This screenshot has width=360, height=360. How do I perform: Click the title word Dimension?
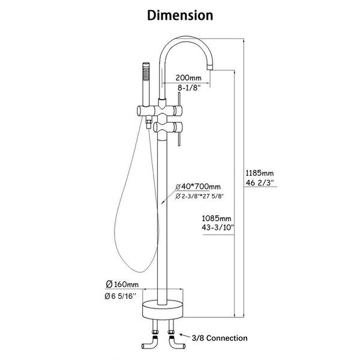coord(180,16)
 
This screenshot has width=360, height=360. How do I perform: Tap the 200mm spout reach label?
coord(188,77)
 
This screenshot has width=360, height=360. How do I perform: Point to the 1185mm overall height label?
coord(259,173)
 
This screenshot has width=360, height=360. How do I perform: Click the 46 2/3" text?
coord(259,183)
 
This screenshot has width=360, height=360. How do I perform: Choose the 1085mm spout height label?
coord(216,218)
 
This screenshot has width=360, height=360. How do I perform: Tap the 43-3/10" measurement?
coord(217,227)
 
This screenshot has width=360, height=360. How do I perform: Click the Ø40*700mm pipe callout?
coord(198,187)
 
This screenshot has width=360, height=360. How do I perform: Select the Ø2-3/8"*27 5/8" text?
coord(199,196)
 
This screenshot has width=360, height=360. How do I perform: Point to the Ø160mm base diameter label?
coord(122,284)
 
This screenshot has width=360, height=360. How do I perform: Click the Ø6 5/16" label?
coord(121,296)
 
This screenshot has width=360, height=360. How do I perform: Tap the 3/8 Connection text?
coord(220,338)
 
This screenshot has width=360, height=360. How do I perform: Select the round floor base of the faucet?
coord(163,310)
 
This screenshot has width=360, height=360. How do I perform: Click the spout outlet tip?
coord(210,68)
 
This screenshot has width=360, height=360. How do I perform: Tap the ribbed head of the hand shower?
coord(146,71)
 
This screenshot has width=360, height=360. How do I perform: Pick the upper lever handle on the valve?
coord(179,100)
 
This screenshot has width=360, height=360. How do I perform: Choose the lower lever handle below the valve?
coord(179,139)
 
